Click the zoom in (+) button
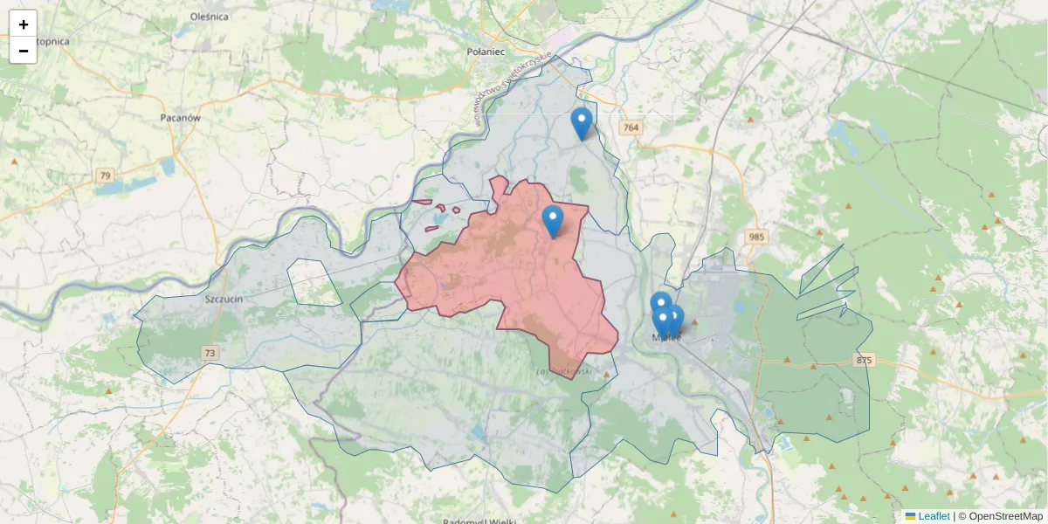(23, 24)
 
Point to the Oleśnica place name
(209, 16)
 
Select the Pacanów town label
(181, 117)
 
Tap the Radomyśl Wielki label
(476, 521)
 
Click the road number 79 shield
(106, 176)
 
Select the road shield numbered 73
(210, 353)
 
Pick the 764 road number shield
(631, 128)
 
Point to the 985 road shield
(756, 237)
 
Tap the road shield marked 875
(864, 360)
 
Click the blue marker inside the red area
(553, 221)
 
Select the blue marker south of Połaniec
(582, 123)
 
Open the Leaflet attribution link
(933, 516)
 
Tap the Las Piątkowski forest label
(564, 371)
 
